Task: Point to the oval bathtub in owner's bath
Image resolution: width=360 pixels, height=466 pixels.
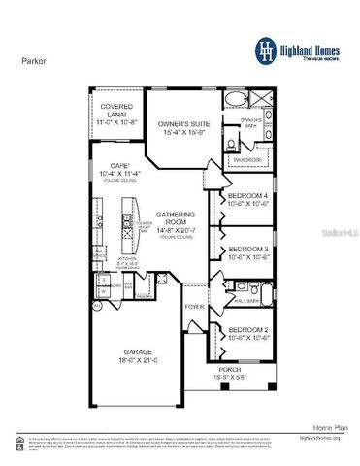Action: [x=235, y=101]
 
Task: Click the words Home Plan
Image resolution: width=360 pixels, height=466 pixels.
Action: [x=323, y=426]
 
